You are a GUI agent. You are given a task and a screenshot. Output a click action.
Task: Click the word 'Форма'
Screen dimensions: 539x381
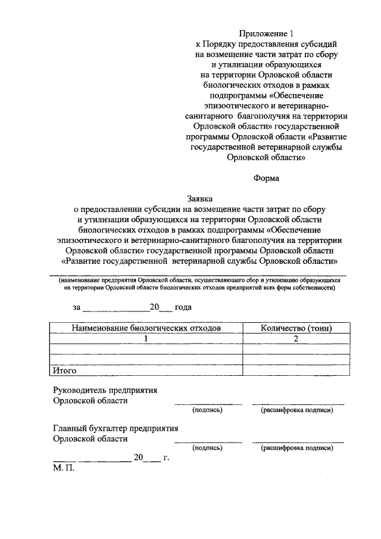click(x=266, y=177)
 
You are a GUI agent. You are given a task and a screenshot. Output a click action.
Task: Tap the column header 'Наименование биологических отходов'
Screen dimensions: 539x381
click(x=146, y=328)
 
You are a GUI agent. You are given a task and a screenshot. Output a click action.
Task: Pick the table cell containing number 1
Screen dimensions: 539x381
click(x=146, y=338)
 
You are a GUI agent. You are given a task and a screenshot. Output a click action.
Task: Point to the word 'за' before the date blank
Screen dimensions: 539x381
click(x=76, y=307)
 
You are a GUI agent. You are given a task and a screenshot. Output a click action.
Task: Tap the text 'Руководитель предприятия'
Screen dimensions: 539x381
click(x=105, y=391)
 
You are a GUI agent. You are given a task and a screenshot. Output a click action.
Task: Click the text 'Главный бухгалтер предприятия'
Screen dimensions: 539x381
click(x=115, y=428)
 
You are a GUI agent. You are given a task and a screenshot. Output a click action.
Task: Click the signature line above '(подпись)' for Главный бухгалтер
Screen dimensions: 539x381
click(x=207, y=442)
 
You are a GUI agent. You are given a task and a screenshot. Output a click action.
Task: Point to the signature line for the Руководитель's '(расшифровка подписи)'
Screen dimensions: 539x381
click(x=298, y=405)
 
